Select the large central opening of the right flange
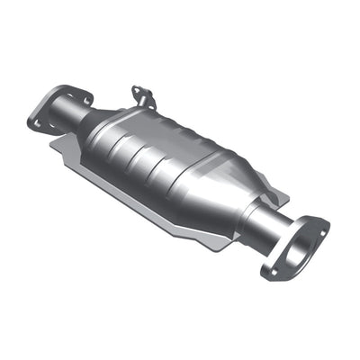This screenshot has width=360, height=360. (292, 246)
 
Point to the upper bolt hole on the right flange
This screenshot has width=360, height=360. (318, 224)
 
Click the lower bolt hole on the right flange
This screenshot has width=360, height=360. (269, 269)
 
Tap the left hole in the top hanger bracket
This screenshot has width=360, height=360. (137, 90)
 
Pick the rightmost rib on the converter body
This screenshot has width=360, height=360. (193, 180)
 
